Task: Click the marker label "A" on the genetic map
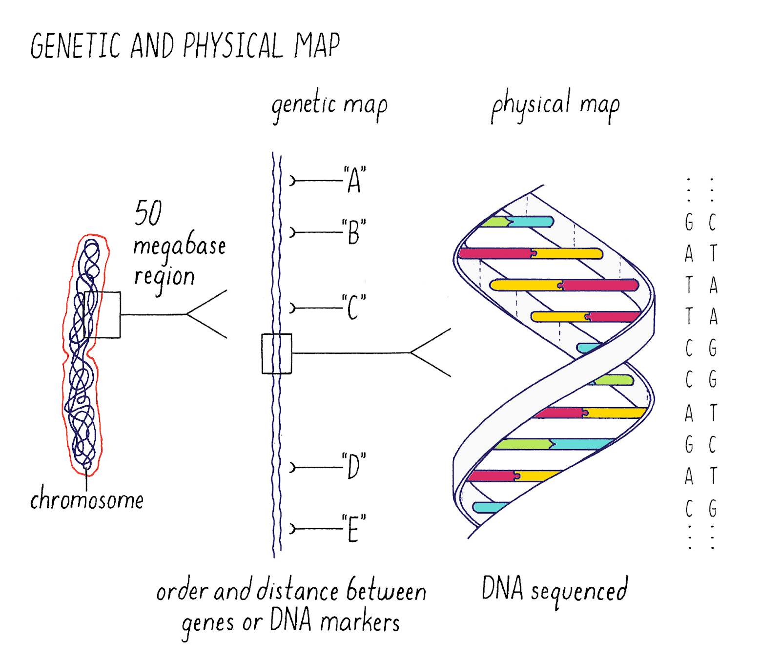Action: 354,180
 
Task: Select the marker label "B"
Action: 354,231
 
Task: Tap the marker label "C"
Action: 354,307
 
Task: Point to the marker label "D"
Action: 354,466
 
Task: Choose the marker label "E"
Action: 354,529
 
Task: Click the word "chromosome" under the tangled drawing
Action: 87,498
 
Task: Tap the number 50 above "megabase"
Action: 148,213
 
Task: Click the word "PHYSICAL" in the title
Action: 233,46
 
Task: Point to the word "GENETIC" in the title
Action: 76,46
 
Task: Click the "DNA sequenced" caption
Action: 555,591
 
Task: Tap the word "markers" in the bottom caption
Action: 360,622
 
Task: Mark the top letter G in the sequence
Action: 689,222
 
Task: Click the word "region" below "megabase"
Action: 164,278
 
